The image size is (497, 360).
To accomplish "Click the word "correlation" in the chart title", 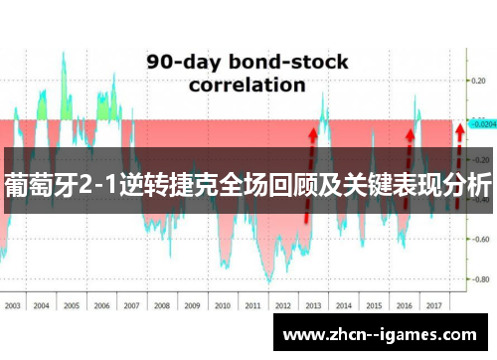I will click(247, 85).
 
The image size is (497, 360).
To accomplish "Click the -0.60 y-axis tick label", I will click(481, 239).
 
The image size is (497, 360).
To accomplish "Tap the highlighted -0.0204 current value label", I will click(482, 124).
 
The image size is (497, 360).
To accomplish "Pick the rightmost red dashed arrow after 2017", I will click(458, 166).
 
